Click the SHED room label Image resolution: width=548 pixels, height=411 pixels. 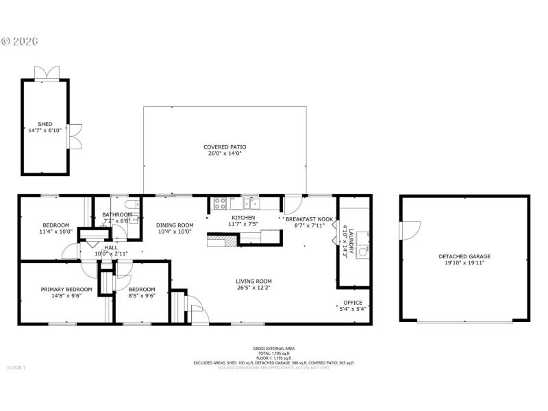[45, 124]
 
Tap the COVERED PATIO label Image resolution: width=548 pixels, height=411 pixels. [225, 147]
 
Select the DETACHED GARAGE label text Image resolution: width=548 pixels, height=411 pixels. [464, 257]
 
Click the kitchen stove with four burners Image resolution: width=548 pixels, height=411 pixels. [221, 203]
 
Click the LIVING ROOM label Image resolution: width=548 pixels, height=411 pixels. [254, 281]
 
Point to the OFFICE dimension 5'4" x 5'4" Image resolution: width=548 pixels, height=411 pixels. [353, 309]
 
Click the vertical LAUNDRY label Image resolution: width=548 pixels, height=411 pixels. [349, 240]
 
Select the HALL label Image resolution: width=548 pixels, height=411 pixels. [110, 247]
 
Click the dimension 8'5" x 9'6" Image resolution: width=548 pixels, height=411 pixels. [142, 297]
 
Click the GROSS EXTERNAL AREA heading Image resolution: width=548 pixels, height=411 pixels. [273, 348]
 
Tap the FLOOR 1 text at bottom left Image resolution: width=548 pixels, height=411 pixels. [16, 368]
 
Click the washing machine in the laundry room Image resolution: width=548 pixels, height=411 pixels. [362, 251]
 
